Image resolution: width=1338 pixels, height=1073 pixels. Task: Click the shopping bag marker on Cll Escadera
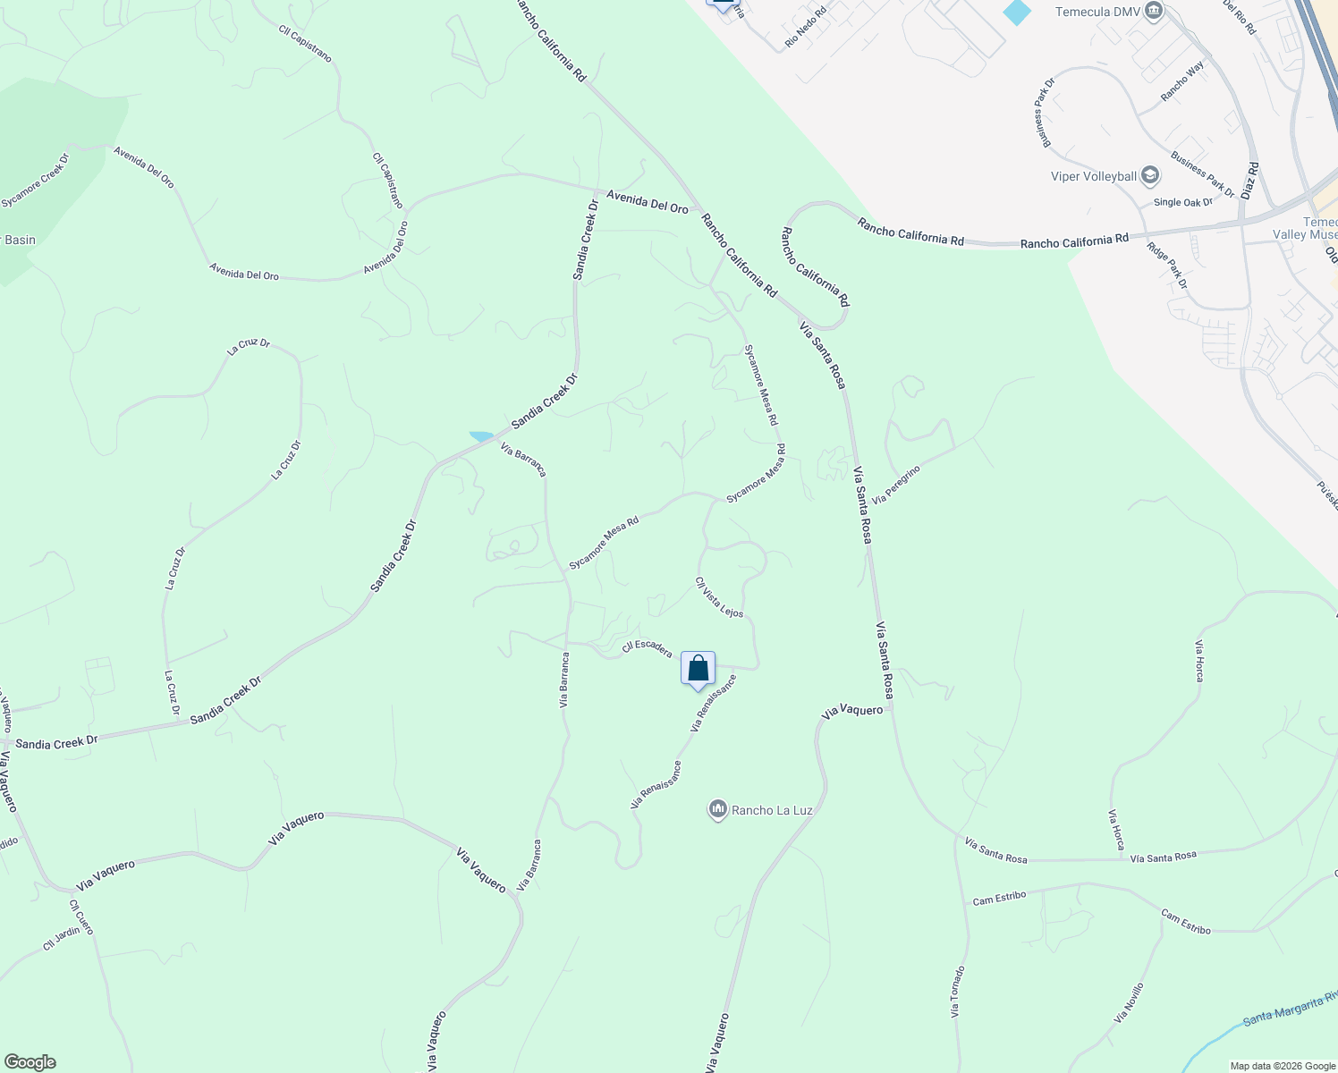pos(698,669)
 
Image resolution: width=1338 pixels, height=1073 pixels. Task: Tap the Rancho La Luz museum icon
pos(717,810)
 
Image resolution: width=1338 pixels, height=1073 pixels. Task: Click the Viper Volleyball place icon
pos(1150,175)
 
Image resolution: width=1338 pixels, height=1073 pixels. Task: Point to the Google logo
pos(30,1062)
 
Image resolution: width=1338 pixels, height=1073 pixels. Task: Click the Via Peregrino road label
pos(895,484)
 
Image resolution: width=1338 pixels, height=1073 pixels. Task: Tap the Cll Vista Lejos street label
pos(719,597)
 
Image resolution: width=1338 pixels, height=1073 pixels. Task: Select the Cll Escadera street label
pos(647,647)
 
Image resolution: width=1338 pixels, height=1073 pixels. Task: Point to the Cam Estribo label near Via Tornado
pos(999,897)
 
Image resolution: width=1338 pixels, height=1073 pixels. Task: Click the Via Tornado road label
pos(957,992)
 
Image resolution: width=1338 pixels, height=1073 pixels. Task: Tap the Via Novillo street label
pos(1129,1003)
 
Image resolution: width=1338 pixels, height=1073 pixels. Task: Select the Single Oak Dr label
pos(1182,202)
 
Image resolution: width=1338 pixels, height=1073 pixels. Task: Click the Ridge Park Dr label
pos(1167,266)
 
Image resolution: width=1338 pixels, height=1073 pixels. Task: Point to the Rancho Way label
pos(1182,81)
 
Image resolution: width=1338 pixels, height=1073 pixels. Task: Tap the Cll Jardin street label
pos(61,938)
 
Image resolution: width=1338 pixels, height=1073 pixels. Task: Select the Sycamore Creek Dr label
pos(35,181)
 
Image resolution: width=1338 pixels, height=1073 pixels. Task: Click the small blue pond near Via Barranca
pos(481,436)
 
